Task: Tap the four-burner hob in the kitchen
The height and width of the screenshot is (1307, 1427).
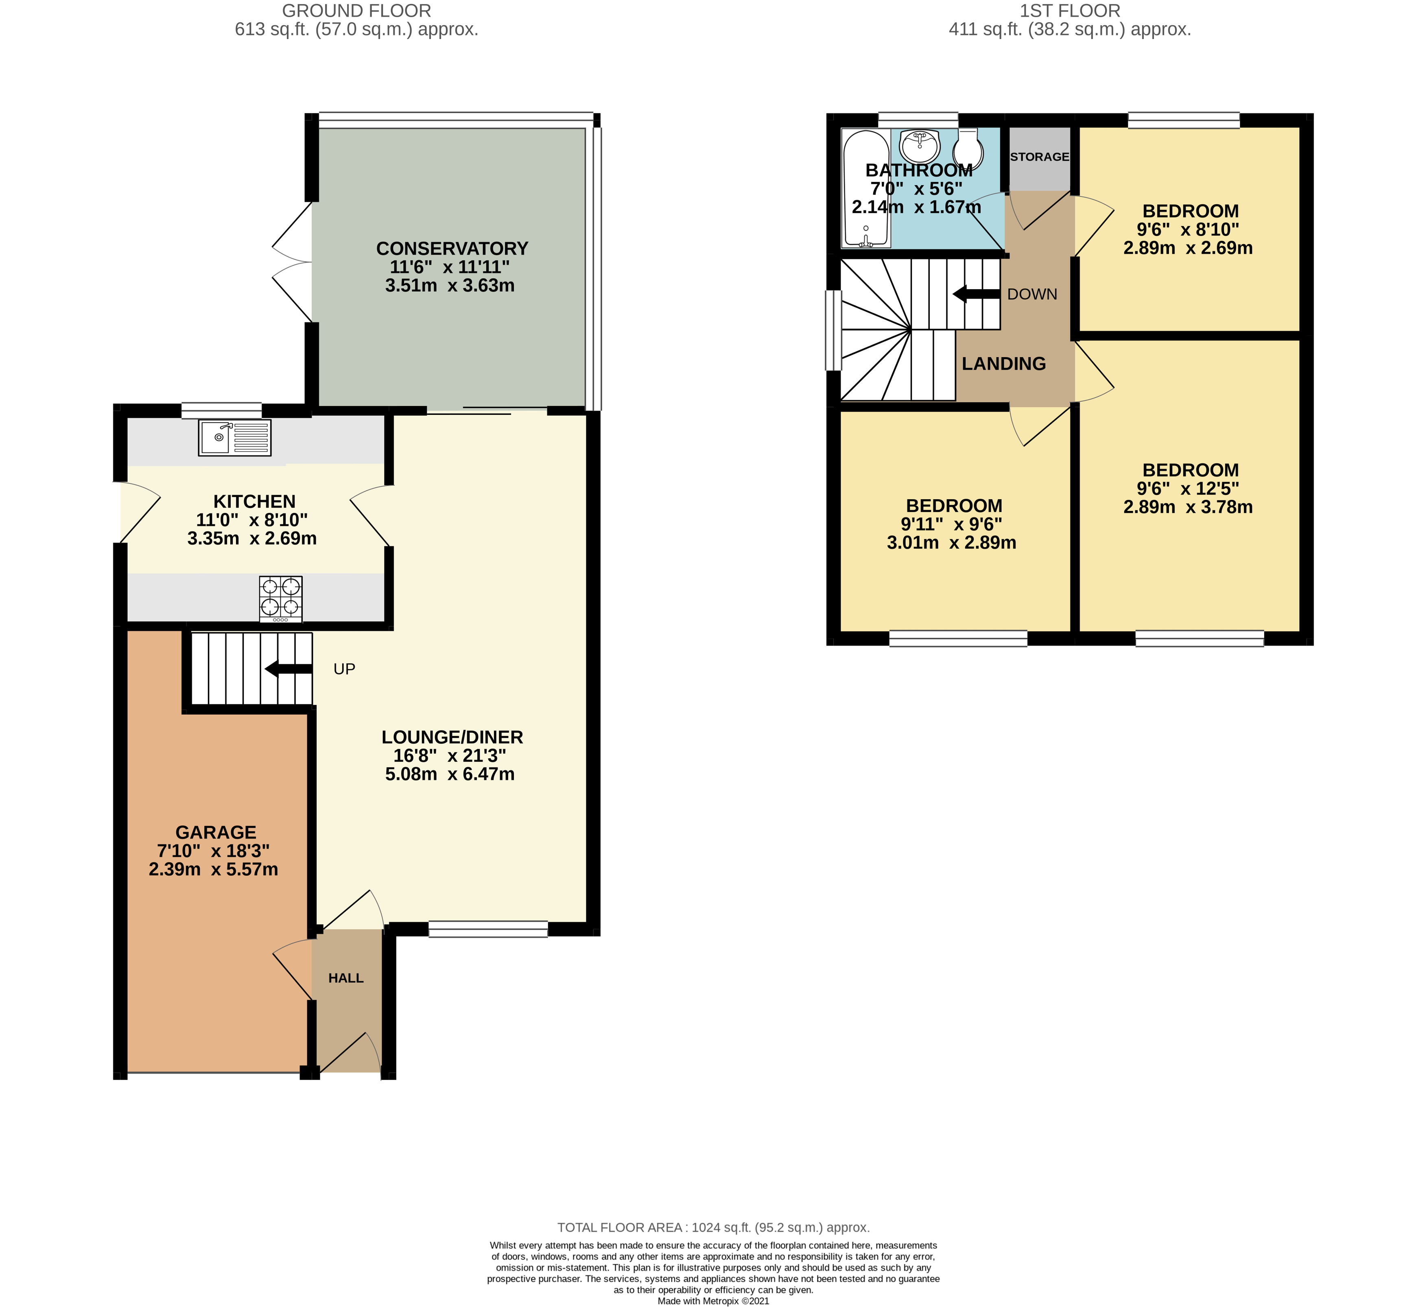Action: (280, 599)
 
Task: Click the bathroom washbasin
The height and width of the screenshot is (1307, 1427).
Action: (920, 146)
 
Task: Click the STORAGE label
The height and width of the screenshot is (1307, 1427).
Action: (1039, 156)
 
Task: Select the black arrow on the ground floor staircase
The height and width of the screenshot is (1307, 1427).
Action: (288, 669)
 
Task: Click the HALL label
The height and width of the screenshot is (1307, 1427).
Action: (346, 978)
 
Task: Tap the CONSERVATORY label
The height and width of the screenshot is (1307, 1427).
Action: (452, 249)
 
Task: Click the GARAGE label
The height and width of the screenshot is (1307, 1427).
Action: (216, 832)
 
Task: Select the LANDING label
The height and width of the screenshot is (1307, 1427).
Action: (1004, 364)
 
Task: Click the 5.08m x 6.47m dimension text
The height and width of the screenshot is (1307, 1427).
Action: (450, 774)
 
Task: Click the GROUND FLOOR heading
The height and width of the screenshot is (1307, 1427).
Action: (357, 11)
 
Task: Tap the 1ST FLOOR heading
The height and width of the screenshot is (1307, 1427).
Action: (1070, 11)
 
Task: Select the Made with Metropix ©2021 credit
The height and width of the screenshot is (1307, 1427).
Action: (714, 1300)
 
